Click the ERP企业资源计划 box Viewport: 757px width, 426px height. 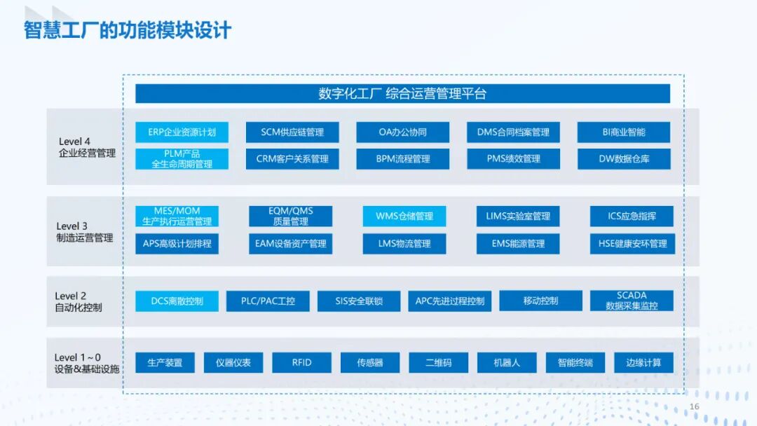click(x=182, y=132)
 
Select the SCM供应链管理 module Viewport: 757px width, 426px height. click(x=292, y=132)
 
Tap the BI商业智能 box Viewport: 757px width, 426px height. click(x=623, y=132)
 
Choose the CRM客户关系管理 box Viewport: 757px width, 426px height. click(x=292, y=158)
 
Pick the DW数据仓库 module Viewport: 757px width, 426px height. click(x=623, y=158)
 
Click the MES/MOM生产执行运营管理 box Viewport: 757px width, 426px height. click(x=177, y=216)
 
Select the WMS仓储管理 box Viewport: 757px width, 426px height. click(x=404, y=216)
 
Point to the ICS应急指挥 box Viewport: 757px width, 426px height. click(x=632, y=216)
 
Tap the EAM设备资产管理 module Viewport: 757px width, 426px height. click(x=290, y=243)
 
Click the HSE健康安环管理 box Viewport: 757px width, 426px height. click(x=632, y=243)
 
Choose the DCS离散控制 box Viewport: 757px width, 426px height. click(x=177, y=301)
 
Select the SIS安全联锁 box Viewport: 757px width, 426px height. click(x=358, y=301)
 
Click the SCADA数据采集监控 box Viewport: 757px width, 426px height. click(x=632, y=301)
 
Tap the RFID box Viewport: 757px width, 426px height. click(x=301, y=362)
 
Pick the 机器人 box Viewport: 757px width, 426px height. click(x=507, y=362)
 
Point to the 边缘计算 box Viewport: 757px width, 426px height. click(x=643, y=362)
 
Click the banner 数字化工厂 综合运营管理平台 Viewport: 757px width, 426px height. click(x=402, y=94)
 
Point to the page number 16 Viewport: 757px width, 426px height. click(x=695, y=407)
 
